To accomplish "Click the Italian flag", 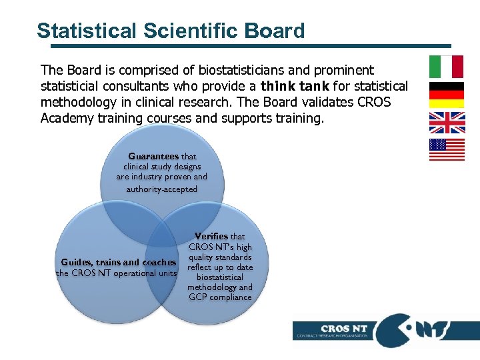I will pyautogui.click(x=446, y=67).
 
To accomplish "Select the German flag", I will pyautogui.click(x=446, y=95).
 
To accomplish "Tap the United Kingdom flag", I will pyautogui.click(x=446, y=123).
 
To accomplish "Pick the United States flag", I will pyautogui.click(x=446, y=150).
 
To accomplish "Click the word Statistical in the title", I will pyautogui.click(x=87, y=31).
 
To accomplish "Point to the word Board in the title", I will pyautogui.click(x=274, y=31).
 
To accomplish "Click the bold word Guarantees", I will pyautogui.click(x=153, y=156).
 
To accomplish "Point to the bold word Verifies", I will pyautogui.click(x=211, y=236).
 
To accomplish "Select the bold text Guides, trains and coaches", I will pyautogui.click(x=119, y=262).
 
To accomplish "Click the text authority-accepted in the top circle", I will pyautogui.click(x=162, y=189).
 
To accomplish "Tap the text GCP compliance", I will pyautogui.click(x=220, y=297).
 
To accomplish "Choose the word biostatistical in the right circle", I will pyautogui.click(x=220, y=277).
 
